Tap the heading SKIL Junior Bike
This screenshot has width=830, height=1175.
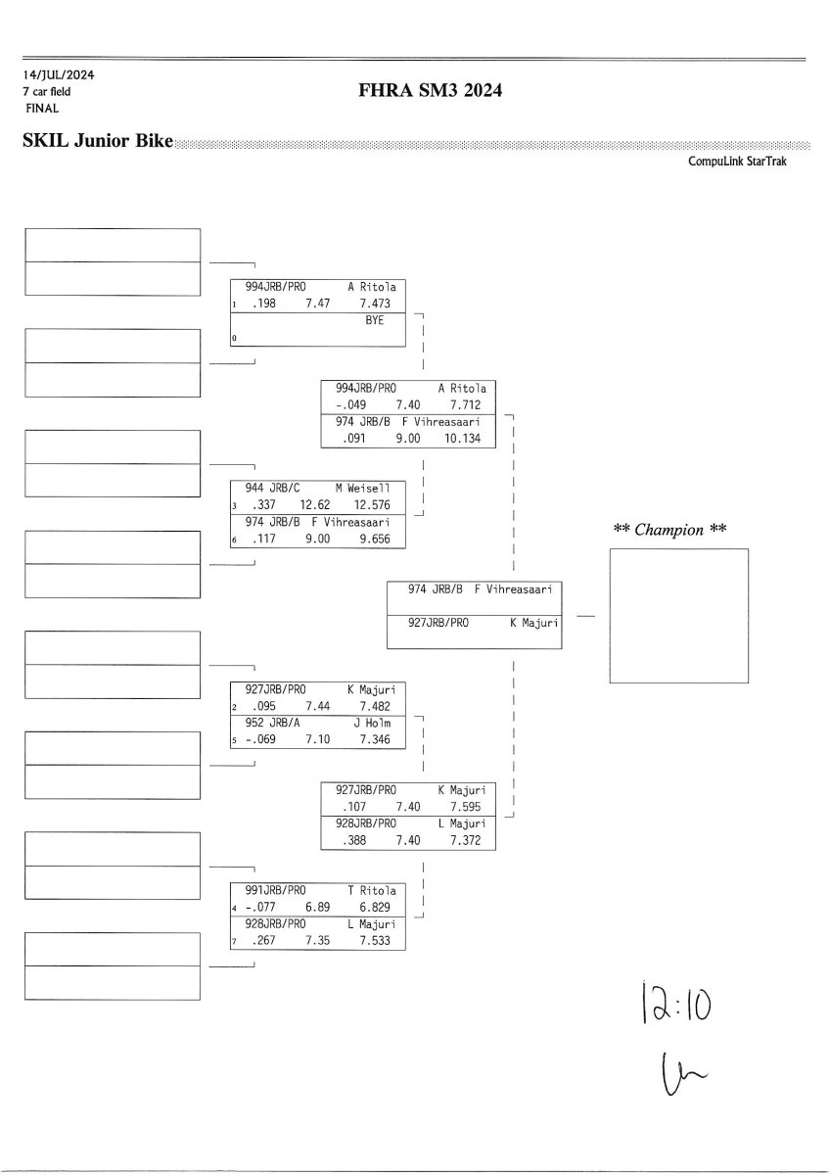[97, 141]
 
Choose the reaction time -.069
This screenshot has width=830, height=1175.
[255, 740]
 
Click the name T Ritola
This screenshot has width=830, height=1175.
[372, 891]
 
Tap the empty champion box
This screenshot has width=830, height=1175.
[678, 615]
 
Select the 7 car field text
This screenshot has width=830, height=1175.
[47, 91]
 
